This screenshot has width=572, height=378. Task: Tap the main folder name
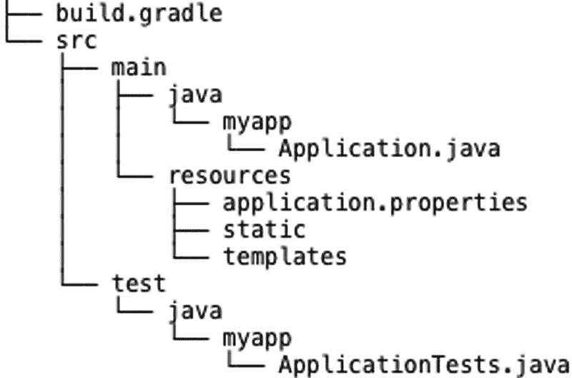click(139, 67)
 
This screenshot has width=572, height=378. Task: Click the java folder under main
click(194, 94)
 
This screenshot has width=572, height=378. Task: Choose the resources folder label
click(229, 175)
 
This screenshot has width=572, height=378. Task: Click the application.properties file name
click(375, 202)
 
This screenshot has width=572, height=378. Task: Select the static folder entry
click(264, 229)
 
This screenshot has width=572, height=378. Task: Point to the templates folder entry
click(285, 256)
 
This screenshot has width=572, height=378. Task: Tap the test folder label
click(139, 283)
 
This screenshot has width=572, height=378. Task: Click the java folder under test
click(194, 310)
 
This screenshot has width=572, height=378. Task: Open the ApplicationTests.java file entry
click(424, 364)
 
